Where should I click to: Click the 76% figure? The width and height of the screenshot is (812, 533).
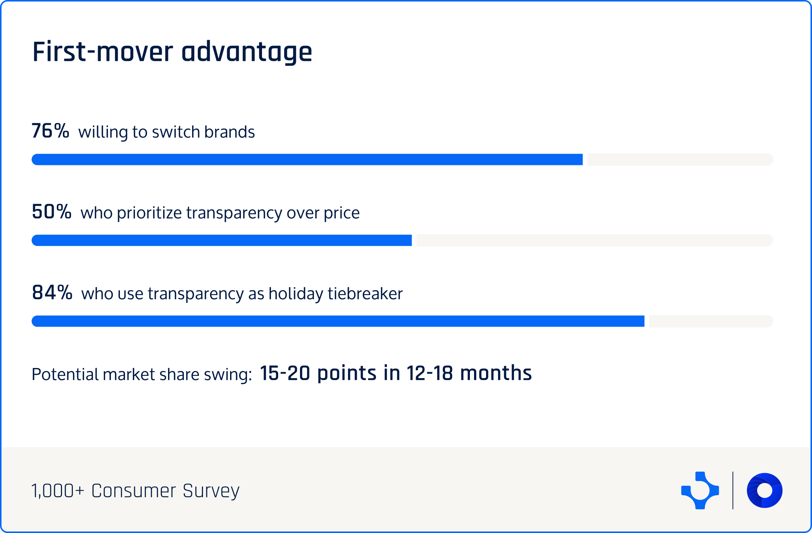click(x=50, y=131)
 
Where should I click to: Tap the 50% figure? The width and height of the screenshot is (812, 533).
click(x=52, y=212)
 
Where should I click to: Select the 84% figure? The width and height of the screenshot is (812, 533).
click(x=52, y=292)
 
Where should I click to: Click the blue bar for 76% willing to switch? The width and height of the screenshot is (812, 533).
click(x=307, y=159)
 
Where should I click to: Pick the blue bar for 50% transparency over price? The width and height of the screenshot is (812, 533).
click(x=221, y=240)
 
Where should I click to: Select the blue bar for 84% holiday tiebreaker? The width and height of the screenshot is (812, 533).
click(x=338, y=321)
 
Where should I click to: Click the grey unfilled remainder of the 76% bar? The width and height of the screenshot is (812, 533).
click(x=680, y=159)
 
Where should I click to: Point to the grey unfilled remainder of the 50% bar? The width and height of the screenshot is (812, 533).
click(x=594, y=240)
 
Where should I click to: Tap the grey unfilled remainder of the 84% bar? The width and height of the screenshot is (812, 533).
click(x=710, y=321)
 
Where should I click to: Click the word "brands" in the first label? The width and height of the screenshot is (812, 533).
click(x=229, y=132)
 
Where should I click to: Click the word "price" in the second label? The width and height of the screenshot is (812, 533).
click(x=341, y=213)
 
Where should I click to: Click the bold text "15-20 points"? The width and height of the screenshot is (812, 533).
click(x=318, y=373)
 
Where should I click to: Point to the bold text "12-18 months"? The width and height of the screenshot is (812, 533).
click(x=469, y=373)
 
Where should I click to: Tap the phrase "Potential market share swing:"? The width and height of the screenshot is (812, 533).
click(x=142, y=374)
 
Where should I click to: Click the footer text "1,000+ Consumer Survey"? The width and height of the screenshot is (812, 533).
click(x=135, y=491)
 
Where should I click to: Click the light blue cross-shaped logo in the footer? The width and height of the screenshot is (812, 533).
click(x=700, y=491)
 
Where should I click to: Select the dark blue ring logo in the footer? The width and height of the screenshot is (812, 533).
click(x=765, y=491)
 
